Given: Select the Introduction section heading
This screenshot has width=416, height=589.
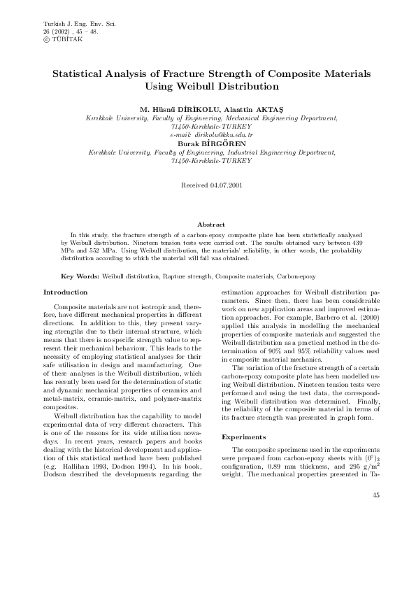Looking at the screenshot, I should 66,291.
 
